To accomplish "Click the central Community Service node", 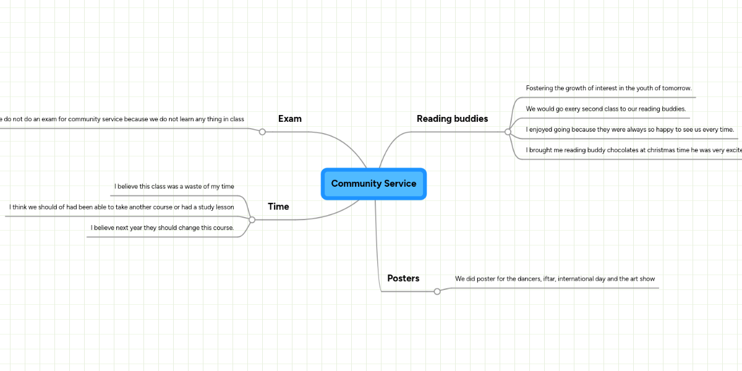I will click(373, 184).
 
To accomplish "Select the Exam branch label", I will click(289, 119).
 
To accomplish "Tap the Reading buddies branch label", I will click(452, 119).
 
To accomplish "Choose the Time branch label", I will click(278, 207).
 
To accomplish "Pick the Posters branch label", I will click(403, 278).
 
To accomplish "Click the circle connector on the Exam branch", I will click(262, 132).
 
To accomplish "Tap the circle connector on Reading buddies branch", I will click(508, 132).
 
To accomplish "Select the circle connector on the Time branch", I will click(252, 220).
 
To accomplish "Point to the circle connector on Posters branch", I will click(437, 291).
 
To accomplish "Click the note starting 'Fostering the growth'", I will click(608, 88).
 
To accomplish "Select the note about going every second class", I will click(605, 109).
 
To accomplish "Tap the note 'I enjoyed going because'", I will click(629, 130).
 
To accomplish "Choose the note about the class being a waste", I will click(174, 186).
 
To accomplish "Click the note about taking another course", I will click(121, 207).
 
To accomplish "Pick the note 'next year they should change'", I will click(162, 228).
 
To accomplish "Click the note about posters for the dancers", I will click(555, 279).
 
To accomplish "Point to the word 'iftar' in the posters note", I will click(548, 279).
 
